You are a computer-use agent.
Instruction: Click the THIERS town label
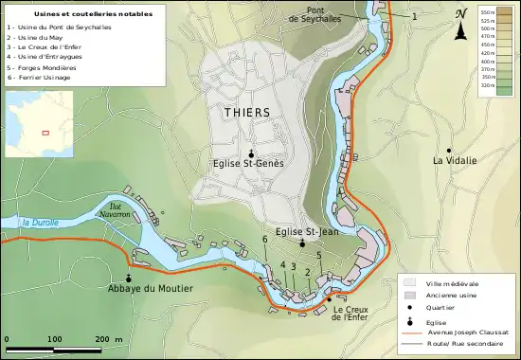tap(247, 112)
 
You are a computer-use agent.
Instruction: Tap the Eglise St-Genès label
tap(248, 163)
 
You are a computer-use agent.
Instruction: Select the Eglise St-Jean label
tap(301, 231)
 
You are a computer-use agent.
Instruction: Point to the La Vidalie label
tap(455, 161)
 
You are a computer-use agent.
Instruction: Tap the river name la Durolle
tap(40, 223)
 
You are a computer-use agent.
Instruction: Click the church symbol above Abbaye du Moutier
tap(127, 278)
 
